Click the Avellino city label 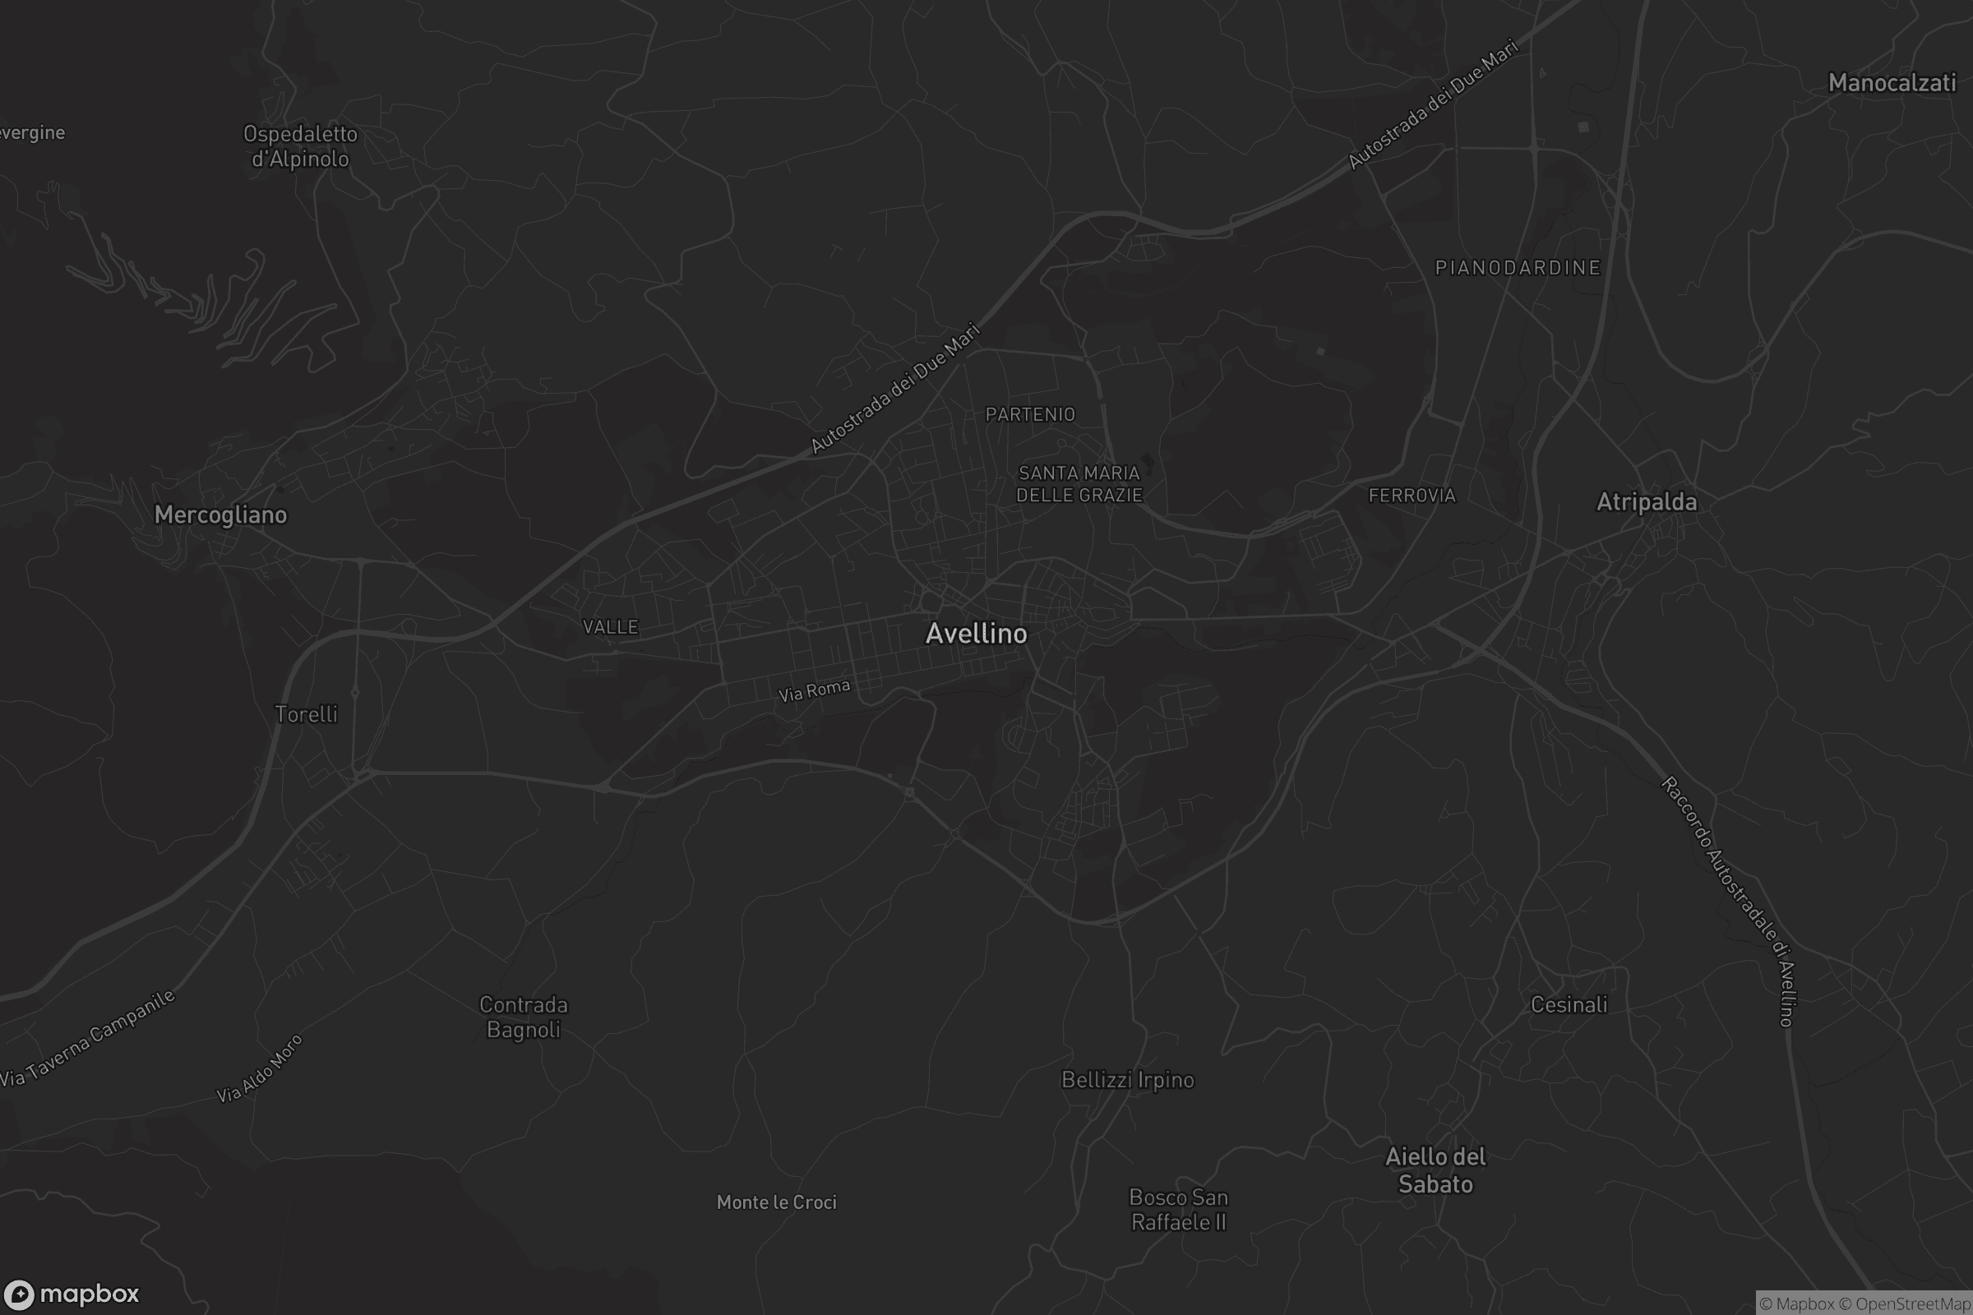click(976, 633)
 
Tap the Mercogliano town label click(220, 514)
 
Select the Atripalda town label click(1647, 501)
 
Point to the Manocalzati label click(1892, 82)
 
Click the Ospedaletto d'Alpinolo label click(300, 146)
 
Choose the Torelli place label click(306, 713)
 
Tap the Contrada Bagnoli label click(524, 1017)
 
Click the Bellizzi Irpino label click(1127, 1079)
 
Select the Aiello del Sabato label click(1435, 1170)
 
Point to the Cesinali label click(1569, 1004)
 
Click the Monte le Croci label click(776, 1202)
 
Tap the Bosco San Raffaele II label click(1179, 1209)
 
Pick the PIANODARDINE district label click(1518, 268)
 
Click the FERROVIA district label click(1412, 495)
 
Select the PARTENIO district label click(1030, 414)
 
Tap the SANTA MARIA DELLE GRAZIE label click(1079, 484)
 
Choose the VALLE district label click(610, 626)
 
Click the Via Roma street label click(814, 690)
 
